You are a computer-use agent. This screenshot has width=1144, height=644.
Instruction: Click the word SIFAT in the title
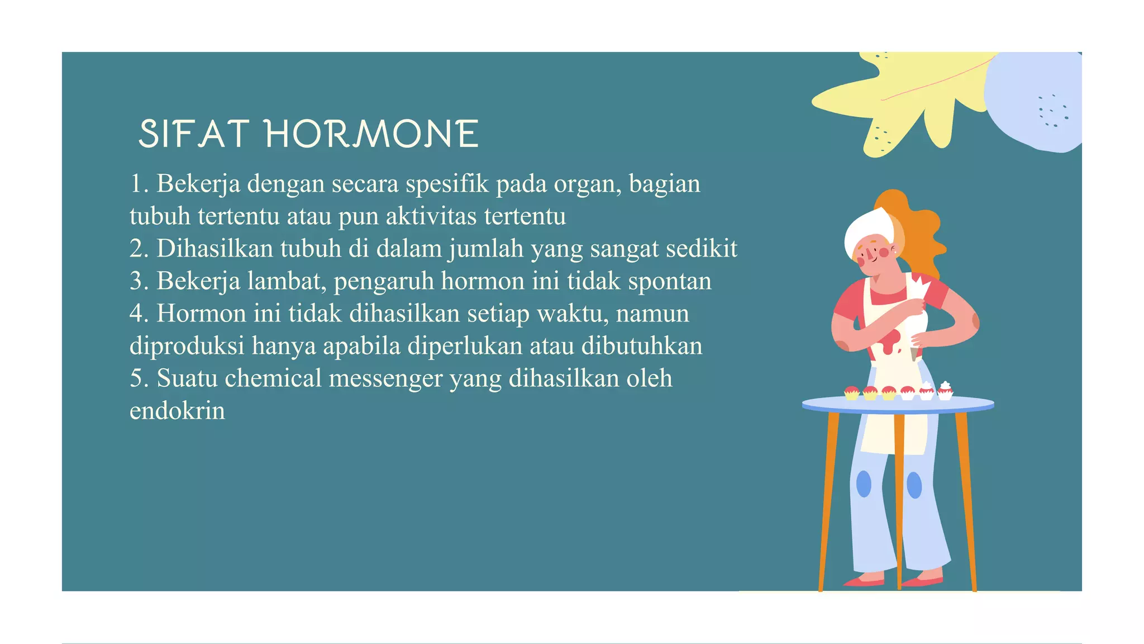(x=193, y=134)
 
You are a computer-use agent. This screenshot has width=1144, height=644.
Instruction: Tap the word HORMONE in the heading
(x=372, y=134)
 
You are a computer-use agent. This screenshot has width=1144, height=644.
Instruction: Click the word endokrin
(x=177, y=411)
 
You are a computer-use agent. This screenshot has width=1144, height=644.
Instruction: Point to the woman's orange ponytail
(x=922, y=235)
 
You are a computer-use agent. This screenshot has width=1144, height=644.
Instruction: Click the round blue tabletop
(x=898, y=404)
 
